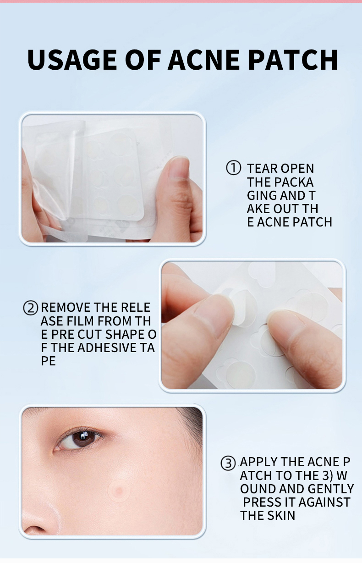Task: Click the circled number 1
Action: (x=234, y=168)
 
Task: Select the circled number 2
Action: (x=30, y=308)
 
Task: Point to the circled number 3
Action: (x=228, y=463)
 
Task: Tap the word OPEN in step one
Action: (x=297, y=169)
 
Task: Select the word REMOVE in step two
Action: (x=66, y=307)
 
